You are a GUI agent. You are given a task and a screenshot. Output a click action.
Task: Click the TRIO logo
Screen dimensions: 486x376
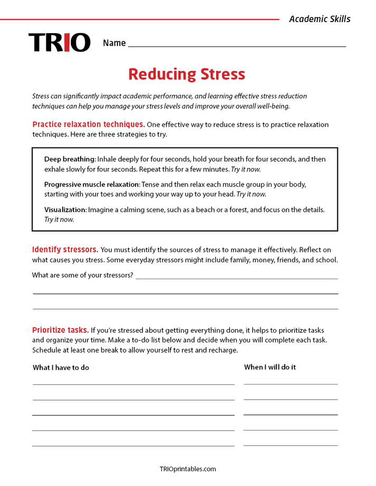tap(59, 43)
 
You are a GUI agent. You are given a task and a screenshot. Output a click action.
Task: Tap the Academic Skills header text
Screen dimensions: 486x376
tap(320, 19)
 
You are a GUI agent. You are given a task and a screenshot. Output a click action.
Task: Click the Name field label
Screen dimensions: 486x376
tap(114, 43)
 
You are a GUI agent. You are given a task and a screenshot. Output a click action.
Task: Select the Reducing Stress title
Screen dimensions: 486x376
tap(187, 74)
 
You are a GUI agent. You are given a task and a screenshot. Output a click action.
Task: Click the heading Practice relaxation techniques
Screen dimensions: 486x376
tap(89, 124)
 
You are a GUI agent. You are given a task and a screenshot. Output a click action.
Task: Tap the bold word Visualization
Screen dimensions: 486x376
tap(65, 210)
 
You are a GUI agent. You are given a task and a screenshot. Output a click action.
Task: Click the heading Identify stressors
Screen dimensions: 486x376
tap(65, 250)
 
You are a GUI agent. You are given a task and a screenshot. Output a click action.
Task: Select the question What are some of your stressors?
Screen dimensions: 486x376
tap(83, 275)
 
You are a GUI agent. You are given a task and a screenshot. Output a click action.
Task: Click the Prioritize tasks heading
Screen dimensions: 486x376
tap(60, 330)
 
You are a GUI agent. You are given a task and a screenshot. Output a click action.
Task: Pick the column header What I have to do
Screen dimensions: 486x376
tap(61, 368)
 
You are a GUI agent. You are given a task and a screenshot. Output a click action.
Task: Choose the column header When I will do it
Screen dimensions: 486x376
tap(269, 367)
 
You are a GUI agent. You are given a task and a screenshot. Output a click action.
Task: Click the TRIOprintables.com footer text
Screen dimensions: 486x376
tap(188, 469)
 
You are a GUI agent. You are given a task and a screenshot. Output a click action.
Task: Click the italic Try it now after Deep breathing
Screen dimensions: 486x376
tap(246, 170)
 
